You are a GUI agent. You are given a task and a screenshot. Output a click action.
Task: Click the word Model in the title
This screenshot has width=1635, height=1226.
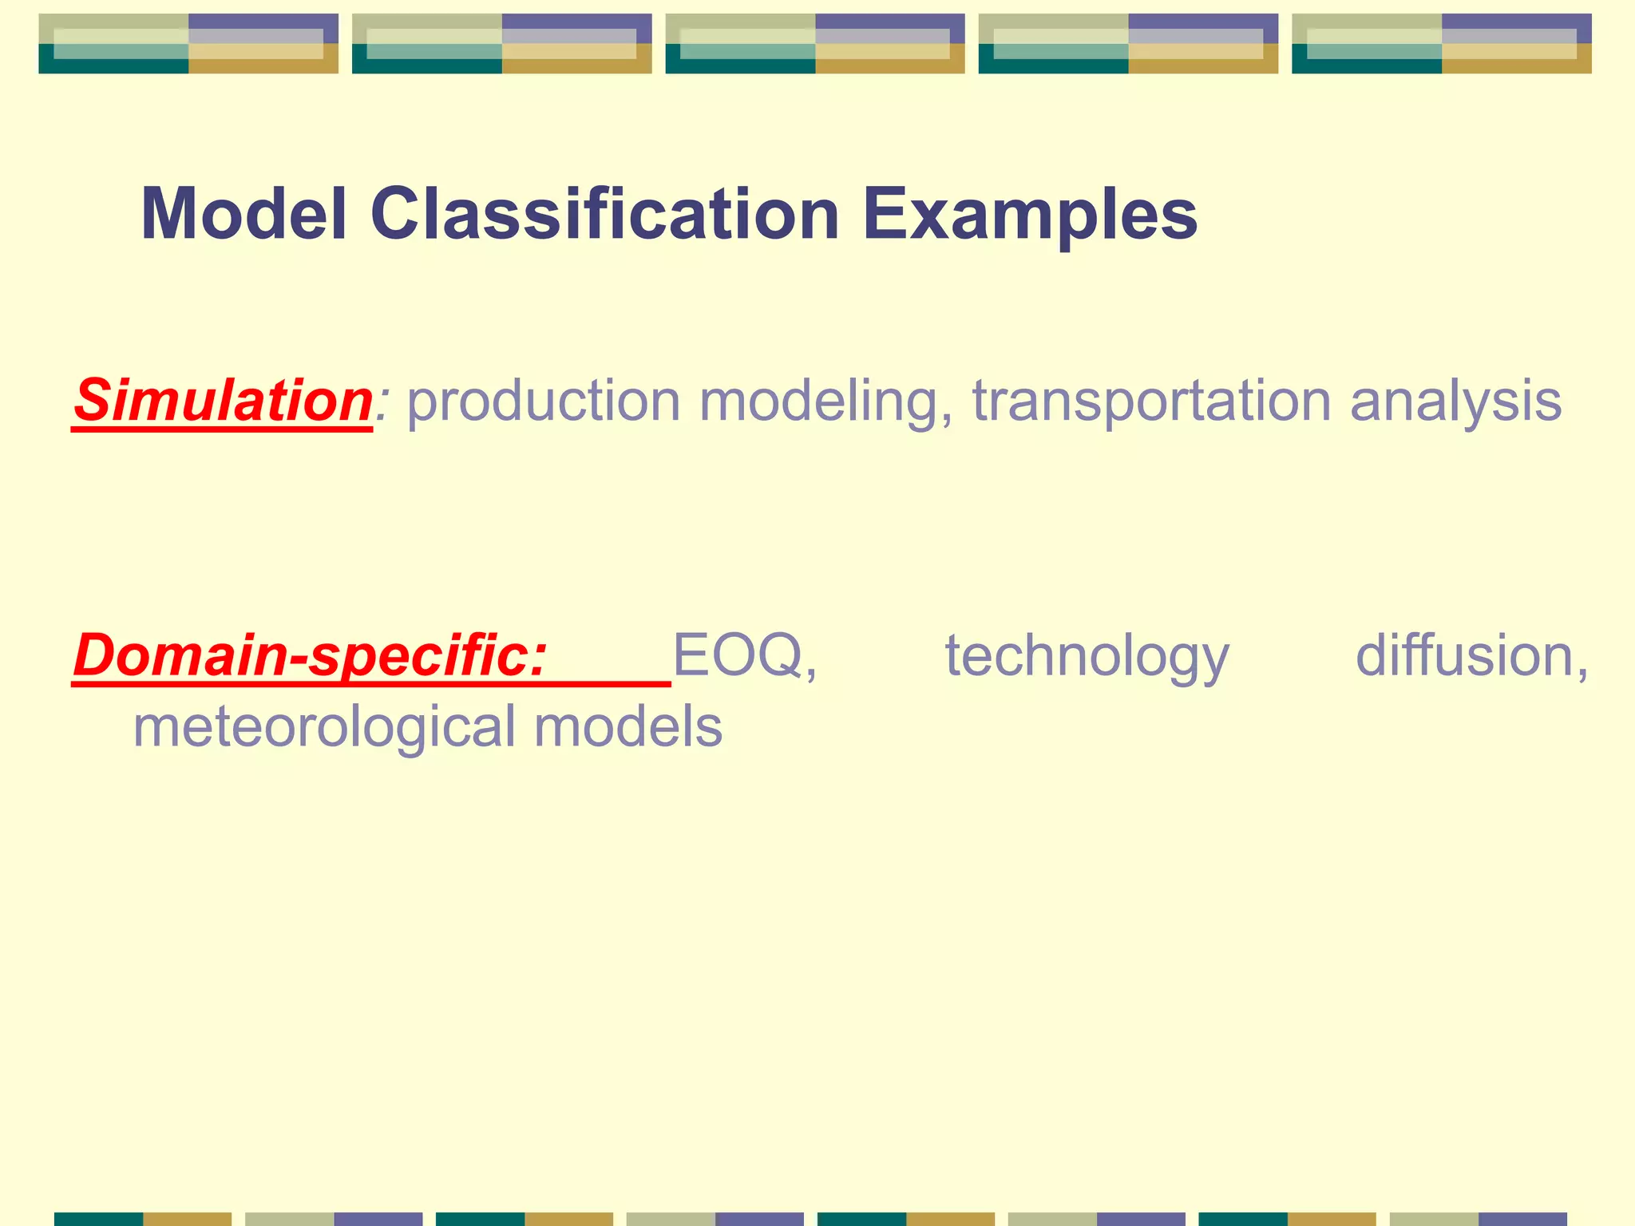pyautogui.click(x=244, y=214)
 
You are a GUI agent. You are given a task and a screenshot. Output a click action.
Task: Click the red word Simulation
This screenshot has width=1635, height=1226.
pyautogui.click(x=223, y=400)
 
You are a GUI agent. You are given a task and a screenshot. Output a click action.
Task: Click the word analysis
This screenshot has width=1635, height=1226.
pyautogui.click(x=1456, y=401)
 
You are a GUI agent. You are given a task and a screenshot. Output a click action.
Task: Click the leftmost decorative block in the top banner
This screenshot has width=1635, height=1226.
pyautogui.click(x=188, y=44)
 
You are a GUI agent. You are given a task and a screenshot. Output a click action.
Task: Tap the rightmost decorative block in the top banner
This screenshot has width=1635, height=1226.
pyautogui.click(x=1441, y=44)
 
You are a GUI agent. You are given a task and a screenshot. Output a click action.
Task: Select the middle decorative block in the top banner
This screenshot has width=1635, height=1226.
pyautogui.click(x=815, y=44)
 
